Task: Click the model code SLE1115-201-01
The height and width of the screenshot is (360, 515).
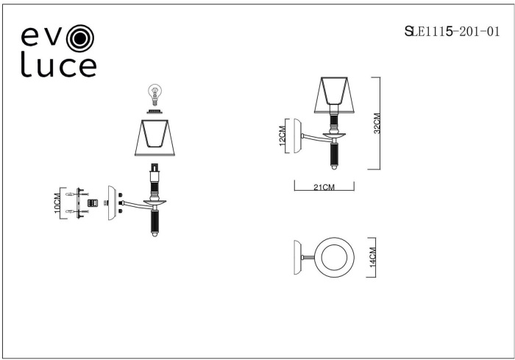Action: point(452,32)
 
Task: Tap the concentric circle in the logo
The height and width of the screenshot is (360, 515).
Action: point(79,38)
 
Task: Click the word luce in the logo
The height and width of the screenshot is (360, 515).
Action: point(58,65)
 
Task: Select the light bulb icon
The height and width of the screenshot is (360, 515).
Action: point(154,95)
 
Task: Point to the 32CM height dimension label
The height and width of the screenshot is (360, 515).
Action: point(377,123)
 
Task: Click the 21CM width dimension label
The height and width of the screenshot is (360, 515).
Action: point(324,188)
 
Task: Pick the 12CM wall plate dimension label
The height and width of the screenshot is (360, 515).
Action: point(282,135)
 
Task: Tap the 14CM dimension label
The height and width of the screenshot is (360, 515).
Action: point(372,257)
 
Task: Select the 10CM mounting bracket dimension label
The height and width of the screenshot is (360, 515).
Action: point(57,203)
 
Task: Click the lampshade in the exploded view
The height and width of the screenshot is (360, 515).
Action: point(154,138)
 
